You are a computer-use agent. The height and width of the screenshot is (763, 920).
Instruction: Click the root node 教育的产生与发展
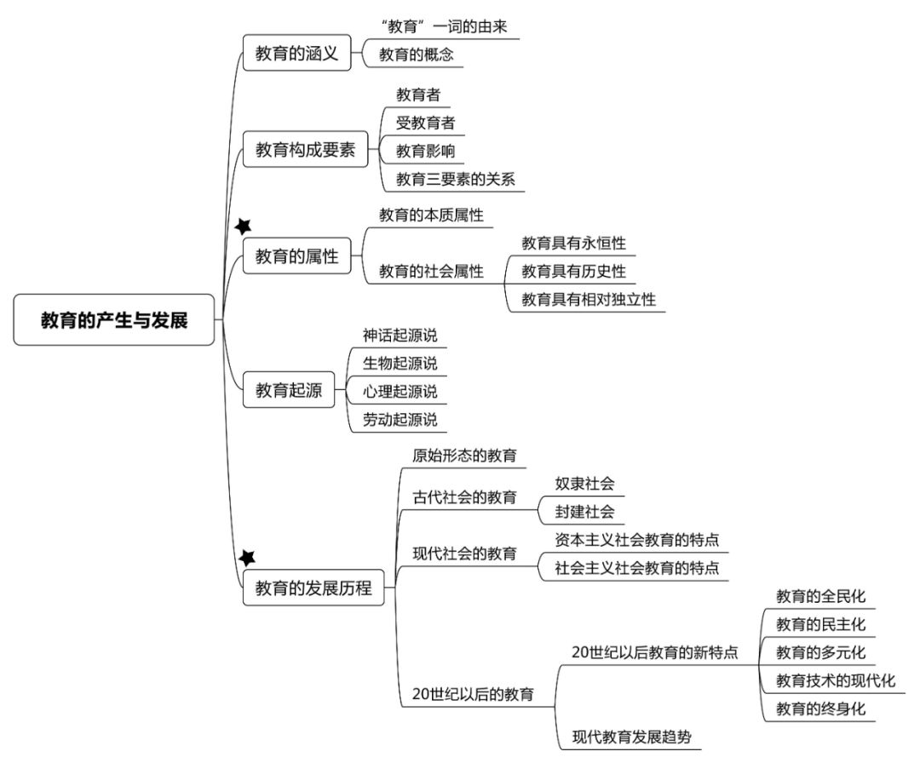[114, 319]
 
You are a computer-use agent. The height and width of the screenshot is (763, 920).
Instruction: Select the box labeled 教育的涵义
[297, 53]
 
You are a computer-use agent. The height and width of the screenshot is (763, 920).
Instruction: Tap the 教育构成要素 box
[305, 149]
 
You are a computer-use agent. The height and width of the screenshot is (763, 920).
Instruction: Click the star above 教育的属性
[243, 226]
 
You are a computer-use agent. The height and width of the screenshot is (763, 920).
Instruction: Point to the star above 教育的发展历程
[247, 558]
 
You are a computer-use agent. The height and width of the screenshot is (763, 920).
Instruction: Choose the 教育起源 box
[289, 389]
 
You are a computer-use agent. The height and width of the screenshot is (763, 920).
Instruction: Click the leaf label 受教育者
[425, 123]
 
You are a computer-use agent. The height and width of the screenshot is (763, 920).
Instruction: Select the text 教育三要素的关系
[455, 179]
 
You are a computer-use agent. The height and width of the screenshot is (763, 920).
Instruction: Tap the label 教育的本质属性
[431, 215]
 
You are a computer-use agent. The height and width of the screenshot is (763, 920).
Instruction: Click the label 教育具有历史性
[574, 271]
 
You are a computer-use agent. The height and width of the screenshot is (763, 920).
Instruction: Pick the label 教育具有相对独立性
[589, 299]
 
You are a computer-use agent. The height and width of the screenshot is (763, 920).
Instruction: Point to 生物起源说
[400, 363]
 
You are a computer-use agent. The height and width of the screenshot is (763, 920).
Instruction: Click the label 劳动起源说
[400, 419]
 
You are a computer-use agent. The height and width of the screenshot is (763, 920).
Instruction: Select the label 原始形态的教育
[464, 455]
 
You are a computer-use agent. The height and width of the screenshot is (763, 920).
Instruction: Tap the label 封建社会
[584, 512]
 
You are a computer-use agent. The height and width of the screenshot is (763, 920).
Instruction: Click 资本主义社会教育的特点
[636, 540]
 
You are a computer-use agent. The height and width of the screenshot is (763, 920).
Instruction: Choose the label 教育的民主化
[820, 624]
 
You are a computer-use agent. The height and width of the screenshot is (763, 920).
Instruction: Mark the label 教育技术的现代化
[836, 680]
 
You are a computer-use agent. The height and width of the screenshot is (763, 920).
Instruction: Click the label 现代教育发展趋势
[632, 737]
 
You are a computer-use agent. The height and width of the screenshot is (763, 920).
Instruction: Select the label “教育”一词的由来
[444, 26]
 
